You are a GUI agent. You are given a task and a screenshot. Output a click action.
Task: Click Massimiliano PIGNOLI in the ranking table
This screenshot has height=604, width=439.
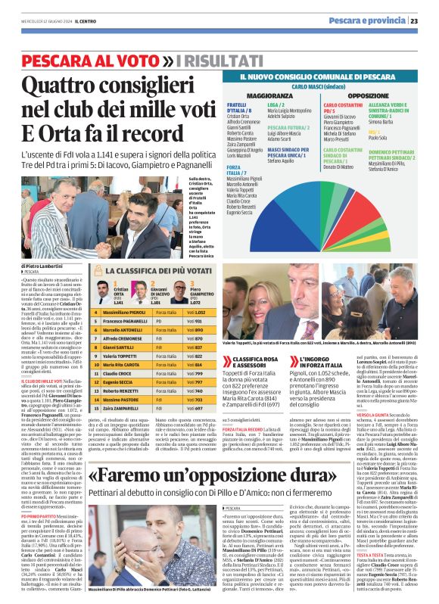point(125,312)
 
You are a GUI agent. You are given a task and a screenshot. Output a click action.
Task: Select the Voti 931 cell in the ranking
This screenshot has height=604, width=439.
point(196,321)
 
